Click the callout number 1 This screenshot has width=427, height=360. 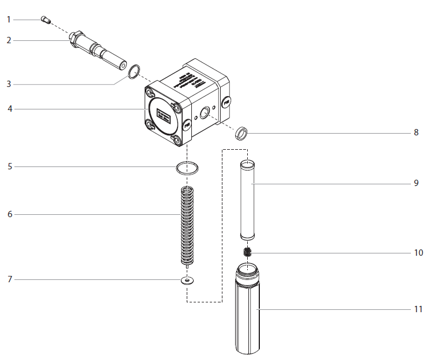point(9,20)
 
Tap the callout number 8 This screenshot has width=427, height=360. point(415,132)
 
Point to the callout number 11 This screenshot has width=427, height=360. point(418,309)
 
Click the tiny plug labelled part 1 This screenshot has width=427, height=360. point(46,21)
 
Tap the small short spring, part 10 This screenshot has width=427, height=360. point(248,253)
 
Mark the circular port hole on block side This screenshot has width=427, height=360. point(204,112)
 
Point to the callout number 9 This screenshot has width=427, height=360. point(415,183)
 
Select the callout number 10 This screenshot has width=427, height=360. point(418,253)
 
